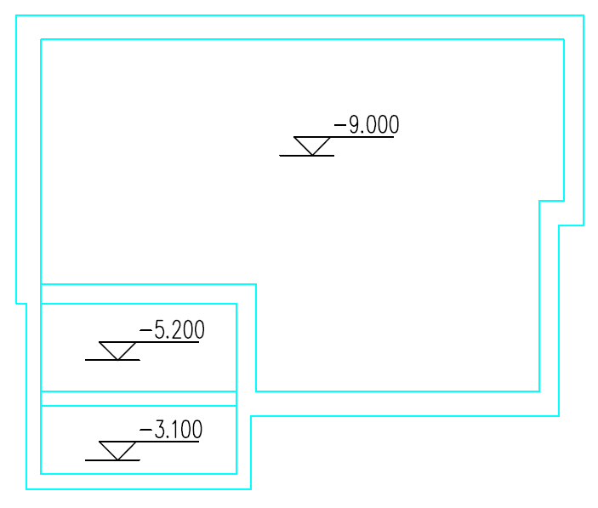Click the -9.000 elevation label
pos(367,126)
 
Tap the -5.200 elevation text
pos(173,330)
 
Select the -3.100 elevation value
pos(172,431)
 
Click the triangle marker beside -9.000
pos(312,145)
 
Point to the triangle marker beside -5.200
pos(117,350)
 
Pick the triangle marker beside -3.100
pos(117,450)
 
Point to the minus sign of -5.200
pos(145,331)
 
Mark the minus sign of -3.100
pos(145,431)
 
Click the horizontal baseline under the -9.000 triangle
pos(307,156)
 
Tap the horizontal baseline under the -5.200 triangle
pos(112,360)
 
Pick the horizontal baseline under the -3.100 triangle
pos(112,460)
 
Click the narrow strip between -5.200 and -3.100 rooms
pos(138,398)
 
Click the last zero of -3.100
pos(196,431)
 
